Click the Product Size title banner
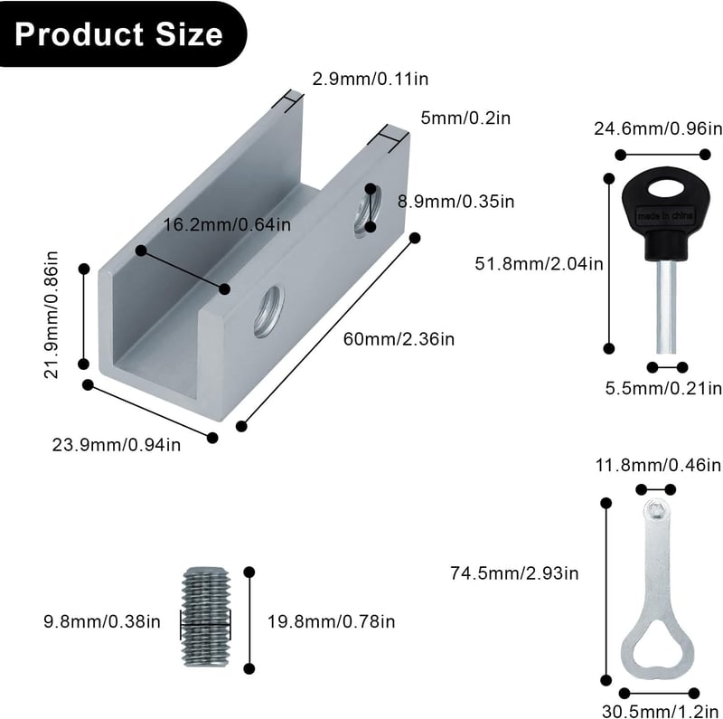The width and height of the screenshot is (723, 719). pyautogui.click(x=121, y=34)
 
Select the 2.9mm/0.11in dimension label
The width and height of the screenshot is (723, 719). pyautogui.click(x=371, y=79)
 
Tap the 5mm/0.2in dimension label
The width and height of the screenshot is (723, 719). pyautogui.click(x=465, y=118)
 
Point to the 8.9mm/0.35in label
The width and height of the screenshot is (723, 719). pyautogui.click(x=456, y=202)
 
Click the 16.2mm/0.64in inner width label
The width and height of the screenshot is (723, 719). pyautogui.click(x=228, y=225)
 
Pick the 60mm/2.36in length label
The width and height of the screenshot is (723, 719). pyautogui.click(x=399, y=339)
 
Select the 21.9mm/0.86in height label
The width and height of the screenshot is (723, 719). pyautogui.click(x=52, y=316)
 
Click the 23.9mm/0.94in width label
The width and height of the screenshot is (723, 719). pyautogui.click(x=117, y=445)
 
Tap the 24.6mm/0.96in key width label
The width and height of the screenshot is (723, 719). pyautogui.click(x=658, y=128)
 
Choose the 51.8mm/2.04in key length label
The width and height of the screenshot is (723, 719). pyautogui.click(x=539, y=264)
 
